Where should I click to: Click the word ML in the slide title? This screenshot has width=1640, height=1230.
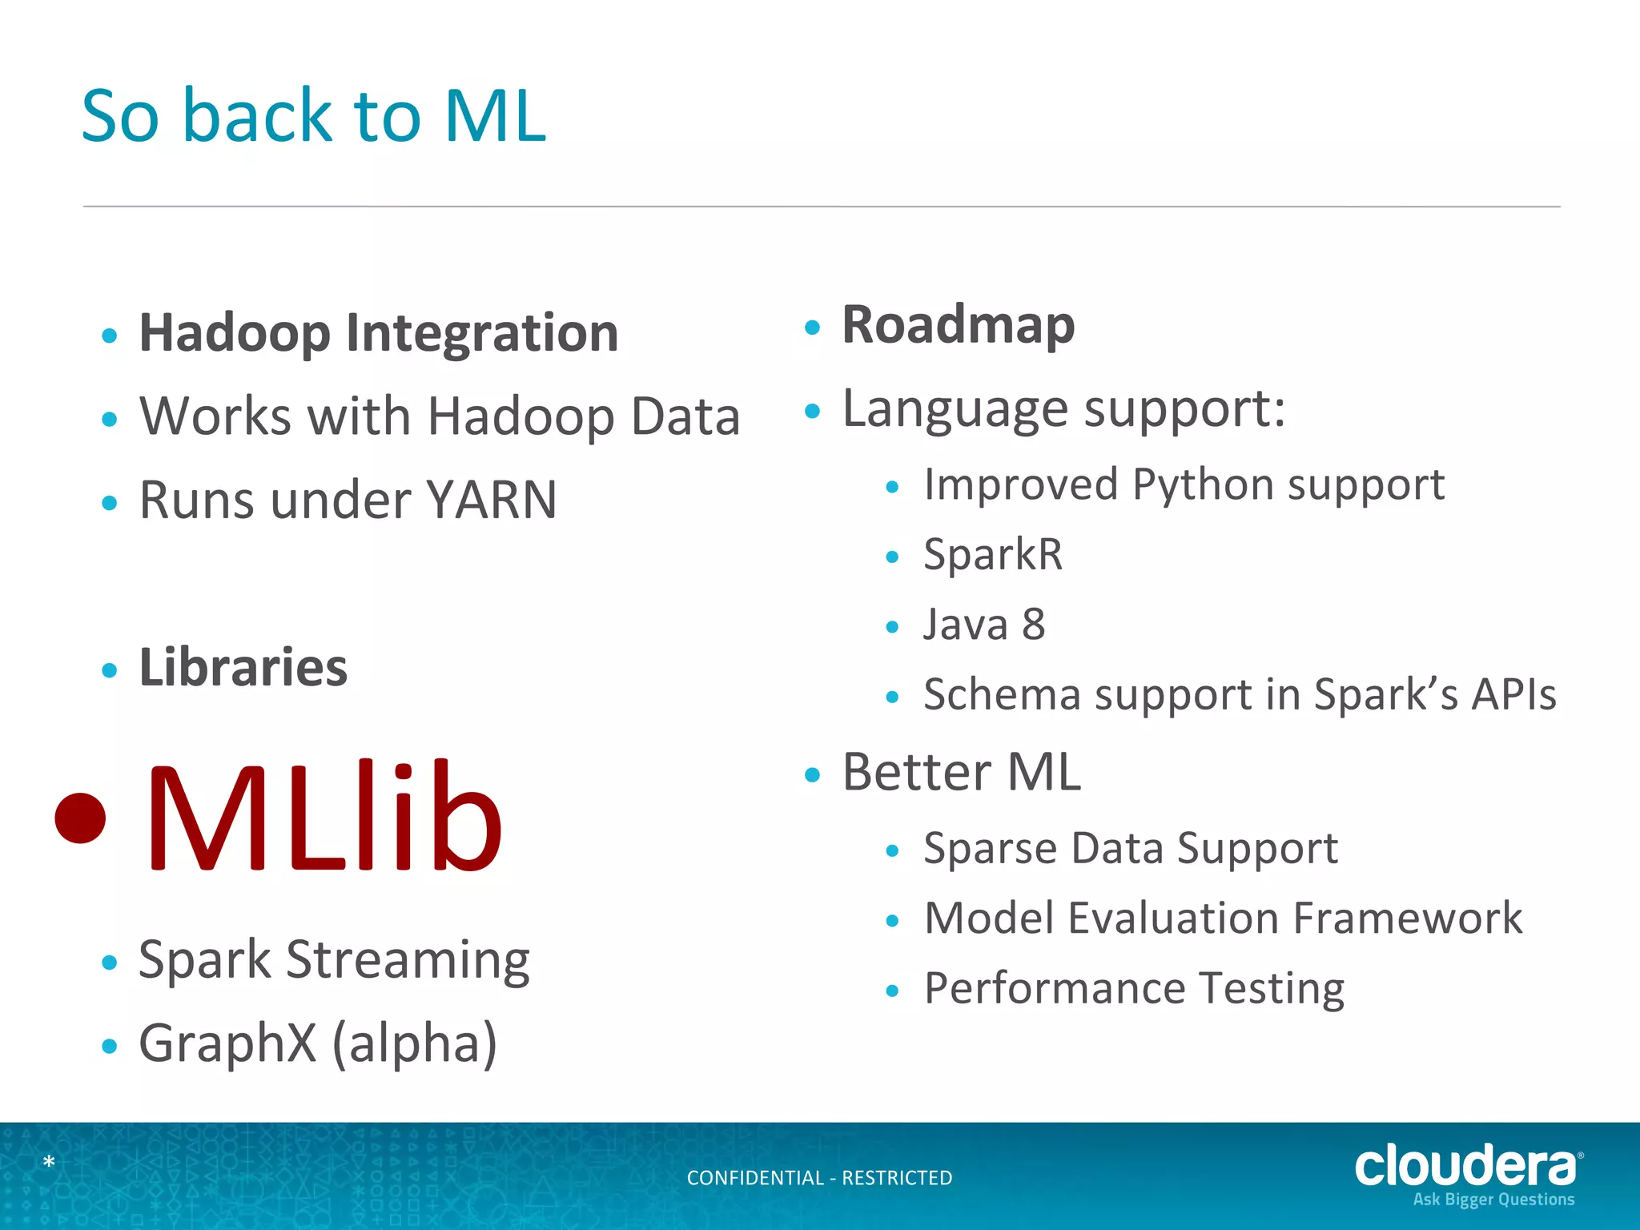point(495,117)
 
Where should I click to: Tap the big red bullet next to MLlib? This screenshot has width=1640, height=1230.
point(80,818)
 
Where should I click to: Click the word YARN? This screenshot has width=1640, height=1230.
point(491,500)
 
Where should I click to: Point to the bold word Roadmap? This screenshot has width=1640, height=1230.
point(958,325)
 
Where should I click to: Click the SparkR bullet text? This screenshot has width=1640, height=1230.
point(993,554)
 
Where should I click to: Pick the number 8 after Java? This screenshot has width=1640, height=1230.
point(1034,625)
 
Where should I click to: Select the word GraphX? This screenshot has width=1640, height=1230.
point(227,1043)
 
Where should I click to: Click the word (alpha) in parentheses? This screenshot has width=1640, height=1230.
point(415,1043)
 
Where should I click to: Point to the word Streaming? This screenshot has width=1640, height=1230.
point(408,959)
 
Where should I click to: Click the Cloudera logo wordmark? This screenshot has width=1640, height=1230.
point(1465,1166)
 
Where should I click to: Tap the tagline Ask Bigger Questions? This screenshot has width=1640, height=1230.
point(1493,1200)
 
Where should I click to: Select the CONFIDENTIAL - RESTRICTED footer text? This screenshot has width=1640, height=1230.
point(819,1178)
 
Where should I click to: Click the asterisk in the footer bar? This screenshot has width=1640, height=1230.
point(49,1162)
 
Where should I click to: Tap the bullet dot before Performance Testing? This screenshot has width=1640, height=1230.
point(893,991)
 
